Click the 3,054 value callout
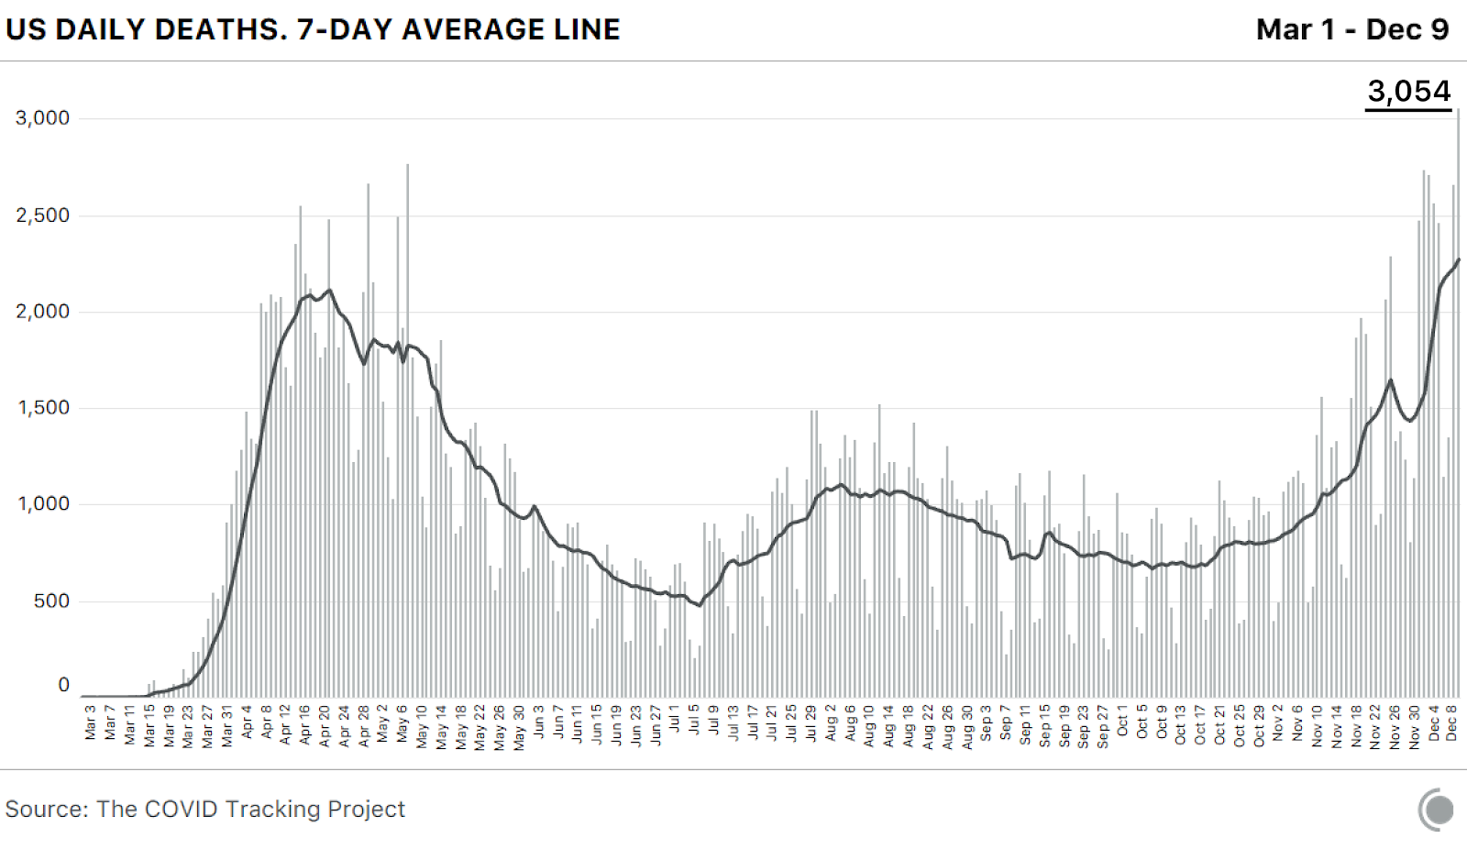point(1408,92)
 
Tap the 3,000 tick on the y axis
point(42,118)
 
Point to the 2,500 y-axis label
point(42,215)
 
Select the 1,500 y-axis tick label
point(42,408)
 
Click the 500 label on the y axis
point(51,601)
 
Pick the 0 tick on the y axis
point(63,685)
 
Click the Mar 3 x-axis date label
point(91,722)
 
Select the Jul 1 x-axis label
point(675,719)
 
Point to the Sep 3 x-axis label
point(987,722)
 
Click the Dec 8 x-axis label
point(1451,722)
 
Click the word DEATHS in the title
point(215,29)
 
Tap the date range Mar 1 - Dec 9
point(1352,29)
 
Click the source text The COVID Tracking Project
point(250,809)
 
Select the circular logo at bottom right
point(1437,810)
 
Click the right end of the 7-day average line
point(1458,260)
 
